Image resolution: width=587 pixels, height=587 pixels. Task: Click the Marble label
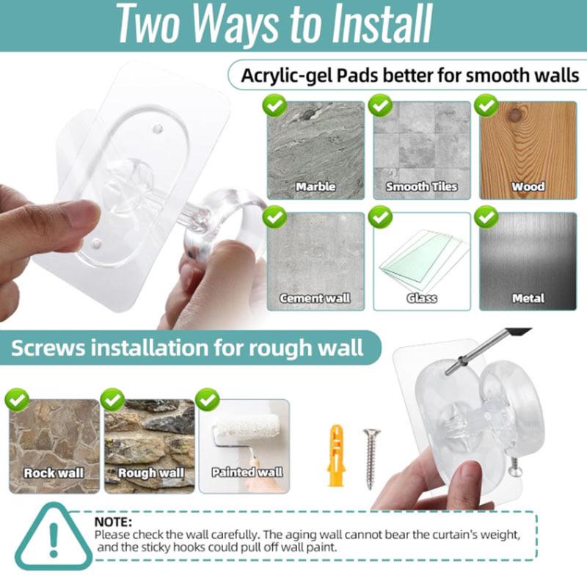pos(316,186)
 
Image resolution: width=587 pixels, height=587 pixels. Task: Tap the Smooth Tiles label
pos(421,186)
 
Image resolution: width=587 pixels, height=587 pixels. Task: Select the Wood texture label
pos(528,186)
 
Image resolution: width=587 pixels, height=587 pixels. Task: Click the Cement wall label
pos(316,298)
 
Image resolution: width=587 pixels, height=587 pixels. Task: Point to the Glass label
pos(421,298)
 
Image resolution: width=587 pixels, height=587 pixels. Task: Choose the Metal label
pos(528,298)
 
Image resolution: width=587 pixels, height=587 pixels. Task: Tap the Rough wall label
pos(151,473)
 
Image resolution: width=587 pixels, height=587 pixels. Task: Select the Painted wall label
pos(247,473)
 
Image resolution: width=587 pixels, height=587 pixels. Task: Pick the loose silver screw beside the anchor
pos(370,458)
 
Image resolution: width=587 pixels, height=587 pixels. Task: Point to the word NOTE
pos(113,521)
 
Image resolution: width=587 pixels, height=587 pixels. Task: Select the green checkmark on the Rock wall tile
pos(17,400)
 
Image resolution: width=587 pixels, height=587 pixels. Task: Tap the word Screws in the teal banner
pos(49,347)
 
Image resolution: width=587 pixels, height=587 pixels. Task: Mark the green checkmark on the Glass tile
pos(380,217)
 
